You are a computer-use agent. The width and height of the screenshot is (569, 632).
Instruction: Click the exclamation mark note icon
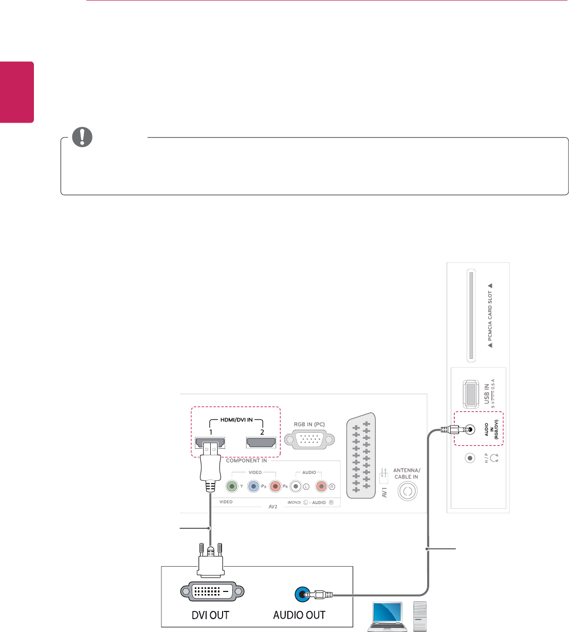[82, 137]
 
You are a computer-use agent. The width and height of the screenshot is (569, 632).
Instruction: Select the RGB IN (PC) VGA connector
[309, 439]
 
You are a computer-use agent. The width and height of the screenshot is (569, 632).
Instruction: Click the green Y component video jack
[232, 486]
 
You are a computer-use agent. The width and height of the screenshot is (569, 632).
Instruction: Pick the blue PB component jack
[253, 486]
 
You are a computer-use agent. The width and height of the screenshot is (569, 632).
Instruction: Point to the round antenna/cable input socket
[407, 491]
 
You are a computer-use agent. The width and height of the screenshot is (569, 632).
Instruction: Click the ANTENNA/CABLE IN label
[407, 473]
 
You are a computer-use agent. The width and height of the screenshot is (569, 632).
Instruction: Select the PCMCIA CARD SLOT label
[490, 315]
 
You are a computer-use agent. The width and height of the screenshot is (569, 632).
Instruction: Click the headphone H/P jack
[469, 457]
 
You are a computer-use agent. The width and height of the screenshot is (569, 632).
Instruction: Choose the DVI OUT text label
[210, 615]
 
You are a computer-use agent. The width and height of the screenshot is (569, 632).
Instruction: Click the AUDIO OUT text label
[299, 615]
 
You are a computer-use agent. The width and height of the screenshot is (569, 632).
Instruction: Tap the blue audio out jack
[301, 595]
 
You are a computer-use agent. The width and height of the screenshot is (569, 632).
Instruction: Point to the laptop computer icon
[388, 616]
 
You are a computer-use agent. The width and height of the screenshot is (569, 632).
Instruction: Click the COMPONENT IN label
[247, 461]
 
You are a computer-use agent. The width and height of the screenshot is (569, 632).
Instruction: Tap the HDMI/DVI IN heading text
[236, 420]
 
